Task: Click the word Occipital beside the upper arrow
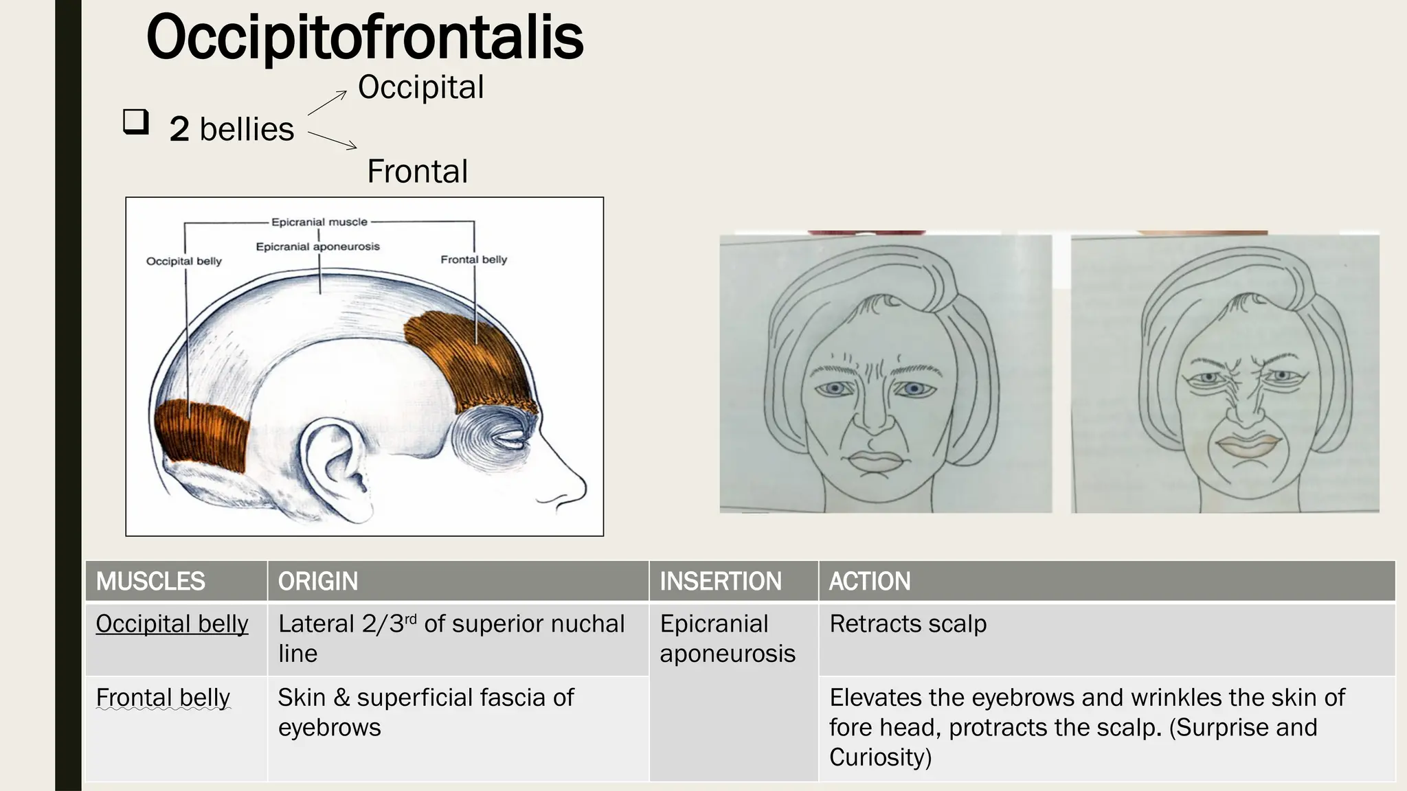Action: (x=420, y=87)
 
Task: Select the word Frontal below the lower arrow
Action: (x=417, y=171)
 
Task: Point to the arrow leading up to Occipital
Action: (x=328, y=102)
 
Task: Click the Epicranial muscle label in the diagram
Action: (x=319, y=222)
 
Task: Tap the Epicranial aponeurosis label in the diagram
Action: (x=317, y=247)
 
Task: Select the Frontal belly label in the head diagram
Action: (x=473, y=260)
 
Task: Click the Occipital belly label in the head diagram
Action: (x=184, y=261)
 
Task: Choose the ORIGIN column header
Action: (x=318, y=582)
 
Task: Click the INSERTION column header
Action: (x=721, y=582)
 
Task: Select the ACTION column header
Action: (x=870, y=582)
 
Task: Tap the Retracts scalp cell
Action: (x=908, y=624)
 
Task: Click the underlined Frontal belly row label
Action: (x=163, y=698)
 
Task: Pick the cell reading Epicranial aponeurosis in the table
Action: (x=728, y=639)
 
